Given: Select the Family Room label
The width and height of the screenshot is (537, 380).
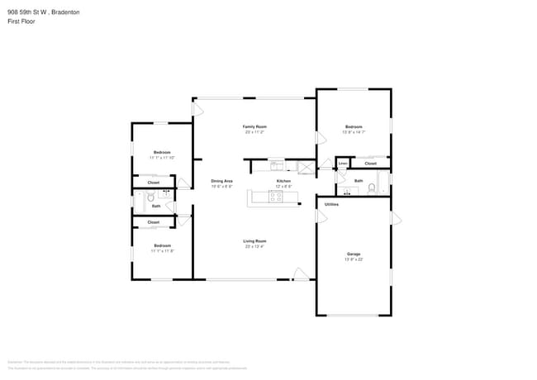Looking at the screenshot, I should click(x=254, y=126).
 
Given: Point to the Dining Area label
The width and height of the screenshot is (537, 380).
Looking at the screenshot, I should click(x=221, y=181).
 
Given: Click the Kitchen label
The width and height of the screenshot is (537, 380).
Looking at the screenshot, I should click(x=283, y=181).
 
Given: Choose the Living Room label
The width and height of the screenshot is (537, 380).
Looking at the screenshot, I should click(x=254, y=241).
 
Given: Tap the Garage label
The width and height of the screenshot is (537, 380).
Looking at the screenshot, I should click(x=354, y=254).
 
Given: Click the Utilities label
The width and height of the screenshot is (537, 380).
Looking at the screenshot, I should click(x=331, y=203).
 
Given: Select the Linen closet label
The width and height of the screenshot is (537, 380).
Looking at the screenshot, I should click(x=342, y=164).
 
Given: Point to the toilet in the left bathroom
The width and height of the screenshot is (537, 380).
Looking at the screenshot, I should click(x=150, y=197).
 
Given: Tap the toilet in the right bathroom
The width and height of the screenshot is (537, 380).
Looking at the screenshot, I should click(x=373, y=188).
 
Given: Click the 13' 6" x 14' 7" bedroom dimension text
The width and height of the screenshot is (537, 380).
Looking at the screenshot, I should click(x=354, y=132).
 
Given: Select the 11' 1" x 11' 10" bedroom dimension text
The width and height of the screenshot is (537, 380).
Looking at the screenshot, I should click(x=162, y=158).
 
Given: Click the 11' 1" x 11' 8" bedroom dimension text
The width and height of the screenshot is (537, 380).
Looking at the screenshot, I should click(x=162, y=250).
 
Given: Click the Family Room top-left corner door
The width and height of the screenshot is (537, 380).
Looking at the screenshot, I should click(x=198, y=108).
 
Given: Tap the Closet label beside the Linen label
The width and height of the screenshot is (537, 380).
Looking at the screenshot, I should click(x=370, y=164).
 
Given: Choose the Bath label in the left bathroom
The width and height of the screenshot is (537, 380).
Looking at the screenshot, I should click(x=156, y=206).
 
